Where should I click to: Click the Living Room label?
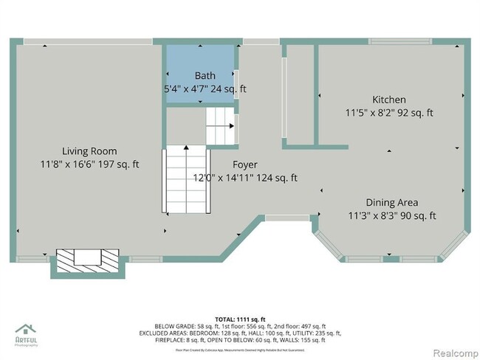click(89, 151)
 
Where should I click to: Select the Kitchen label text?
click(388, 100)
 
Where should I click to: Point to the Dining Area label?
click(391, 202)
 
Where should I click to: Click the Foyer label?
click(245, 165)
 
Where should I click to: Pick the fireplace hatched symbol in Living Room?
click(87, 258)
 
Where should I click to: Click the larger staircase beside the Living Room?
click(184, 179)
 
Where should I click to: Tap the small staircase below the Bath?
click(220, 126)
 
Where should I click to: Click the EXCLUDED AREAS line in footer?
click(239, 333)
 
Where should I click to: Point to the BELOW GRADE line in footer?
click(239, 325)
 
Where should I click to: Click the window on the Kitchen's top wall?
click(400, 41)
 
